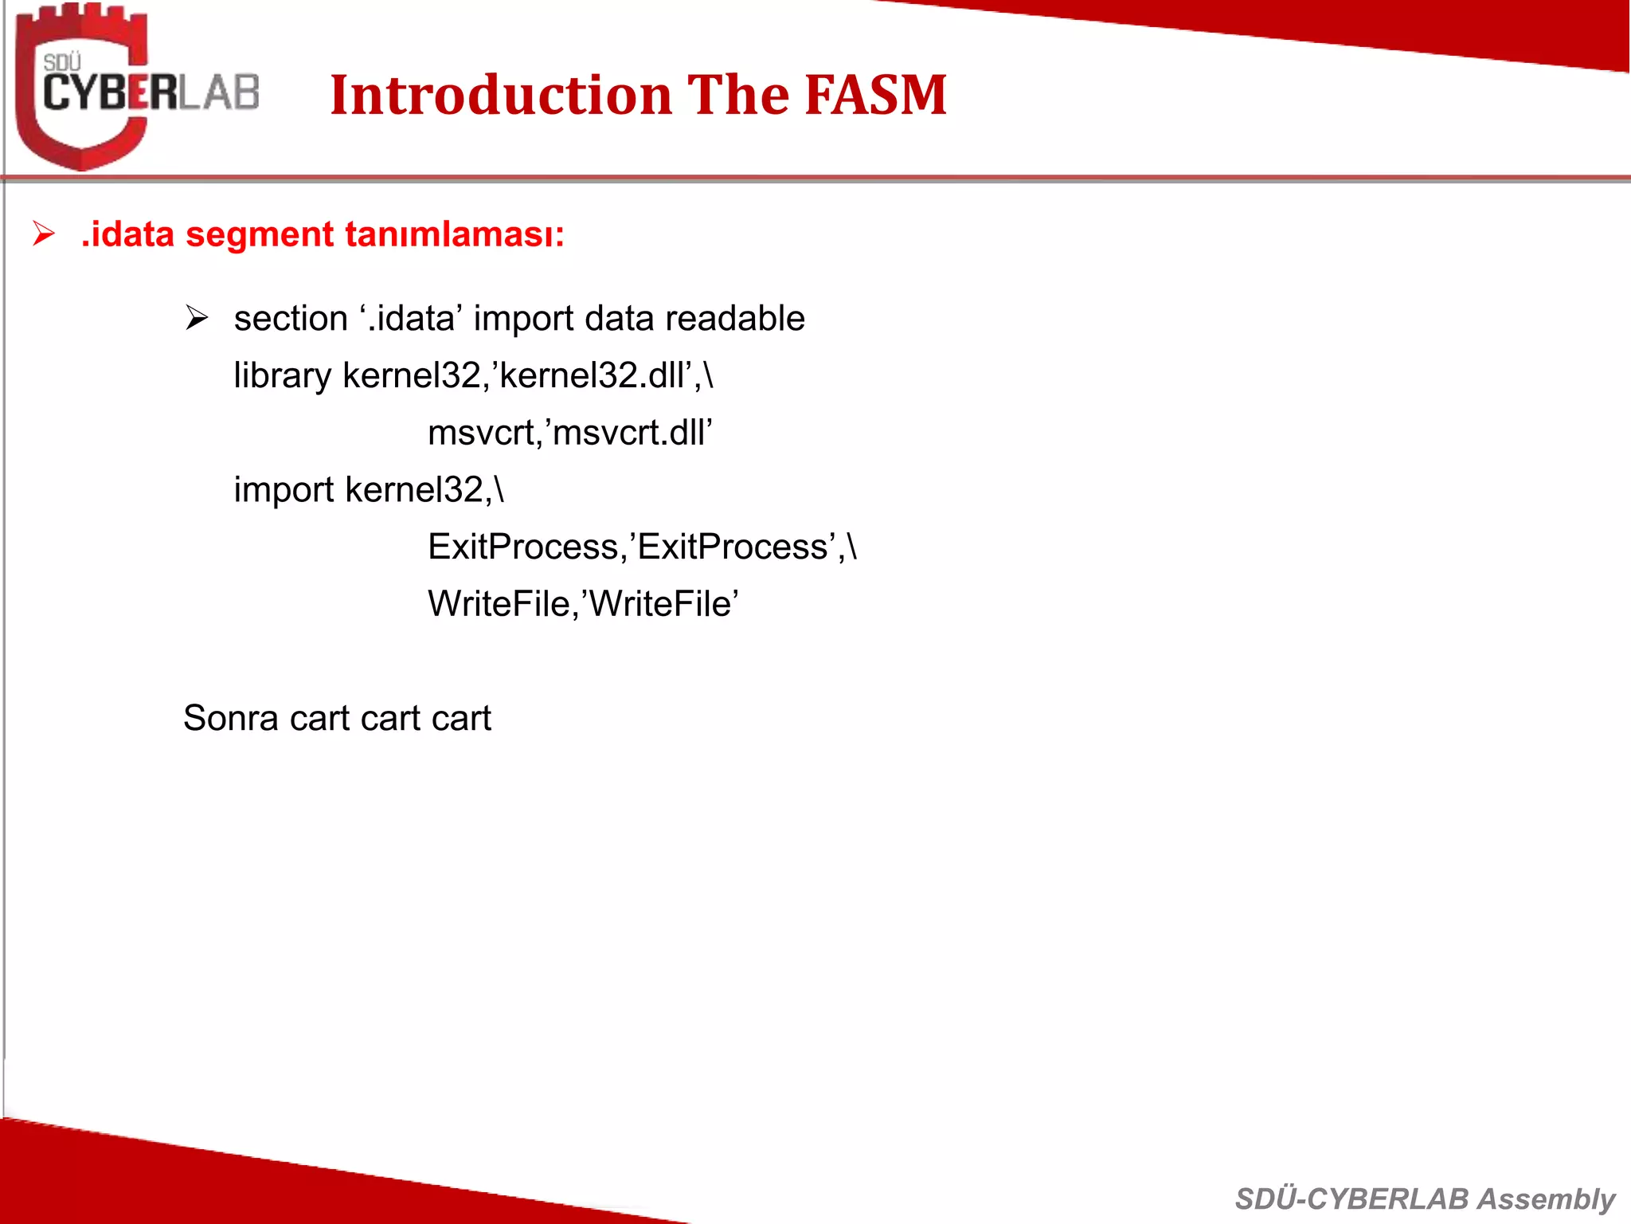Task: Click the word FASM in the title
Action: [875, 95]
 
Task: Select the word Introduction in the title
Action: [501, 95]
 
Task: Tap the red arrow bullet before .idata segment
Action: [43, 234]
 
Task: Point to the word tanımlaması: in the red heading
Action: [455, 234]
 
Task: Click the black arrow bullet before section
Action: [196, 318]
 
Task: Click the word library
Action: [282, 375]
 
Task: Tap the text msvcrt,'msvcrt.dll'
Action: [569, 433]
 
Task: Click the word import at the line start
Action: [284, 490]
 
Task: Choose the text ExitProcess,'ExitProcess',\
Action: [642, 547]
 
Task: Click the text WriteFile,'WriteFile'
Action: [583, 604]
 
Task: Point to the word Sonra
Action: [230, 718]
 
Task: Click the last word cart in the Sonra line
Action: [461, 718]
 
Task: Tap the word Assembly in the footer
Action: [1546, 1198]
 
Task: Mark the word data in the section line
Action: [619, 318]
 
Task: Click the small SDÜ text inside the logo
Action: [62, 62]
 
